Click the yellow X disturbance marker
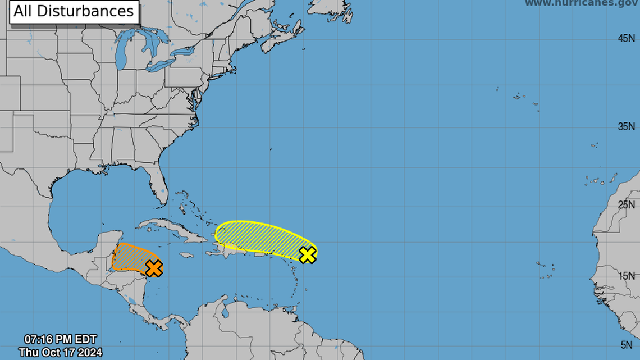[x=307, y=254]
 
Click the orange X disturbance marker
[x=153, y=268]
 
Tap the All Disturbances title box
[x=74, y=11]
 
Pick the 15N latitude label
[x=627, y=276]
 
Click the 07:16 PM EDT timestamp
[x=60, y=340]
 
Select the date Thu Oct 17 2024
[x=60, y=352]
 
